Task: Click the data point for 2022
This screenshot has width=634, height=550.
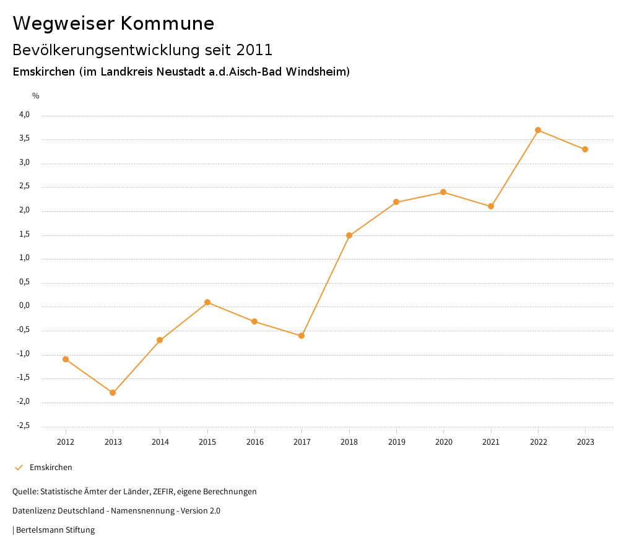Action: (538, 130)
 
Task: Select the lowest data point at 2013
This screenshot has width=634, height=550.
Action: (113, 393)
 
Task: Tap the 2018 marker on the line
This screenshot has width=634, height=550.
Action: (349, 235)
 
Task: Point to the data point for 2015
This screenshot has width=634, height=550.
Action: (207, 302)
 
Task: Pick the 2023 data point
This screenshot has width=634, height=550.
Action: (585, 149)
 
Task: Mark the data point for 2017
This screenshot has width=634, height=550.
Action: (302, 336)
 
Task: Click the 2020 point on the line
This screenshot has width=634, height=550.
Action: (443, 192)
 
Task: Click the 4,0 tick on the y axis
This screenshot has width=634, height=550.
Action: (24, 115)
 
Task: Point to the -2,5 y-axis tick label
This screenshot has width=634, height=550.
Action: (23, 426)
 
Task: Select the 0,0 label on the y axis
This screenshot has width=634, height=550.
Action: (24, 306)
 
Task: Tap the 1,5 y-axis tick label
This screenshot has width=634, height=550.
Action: (24, 235)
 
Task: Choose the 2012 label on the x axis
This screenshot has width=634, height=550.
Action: (66, 442)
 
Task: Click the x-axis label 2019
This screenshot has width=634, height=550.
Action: (396, 442)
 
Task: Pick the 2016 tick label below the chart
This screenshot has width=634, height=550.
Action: (254, 442)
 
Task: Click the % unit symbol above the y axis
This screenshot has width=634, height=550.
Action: (36, 96)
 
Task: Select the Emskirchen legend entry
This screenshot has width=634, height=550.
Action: (51, 468)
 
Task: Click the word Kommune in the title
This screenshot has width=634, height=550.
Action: (167, 24)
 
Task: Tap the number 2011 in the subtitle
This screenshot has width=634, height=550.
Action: (253, 50)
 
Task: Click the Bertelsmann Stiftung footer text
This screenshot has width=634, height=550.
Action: (55, 530)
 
